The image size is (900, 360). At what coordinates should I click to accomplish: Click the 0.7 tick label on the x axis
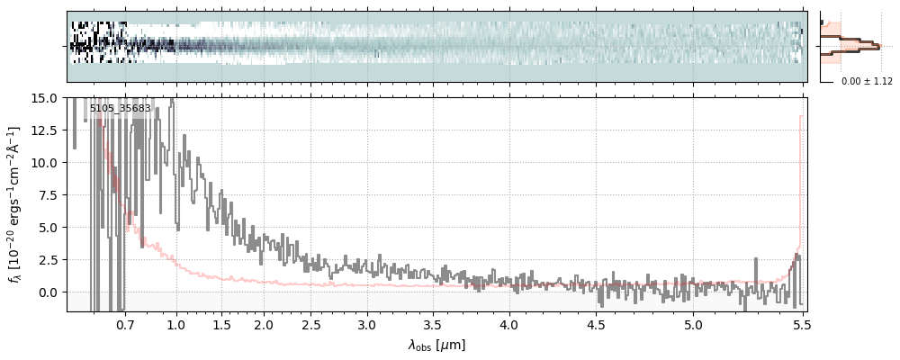coord(125,323)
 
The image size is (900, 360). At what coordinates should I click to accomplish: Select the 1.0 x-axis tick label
coord(176,323)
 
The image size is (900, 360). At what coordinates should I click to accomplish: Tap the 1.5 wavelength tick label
coord(221,323)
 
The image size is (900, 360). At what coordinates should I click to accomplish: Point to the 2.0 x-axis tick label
coord(263,323)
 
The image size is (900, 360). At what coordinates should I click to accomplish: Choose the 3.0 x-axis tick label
coord(366,323)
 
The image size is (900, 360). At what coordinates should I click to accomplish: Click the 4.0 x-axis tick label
coord(509,323)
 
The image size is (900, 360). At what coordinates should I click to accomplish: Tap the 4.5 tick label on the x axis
coord(596,323)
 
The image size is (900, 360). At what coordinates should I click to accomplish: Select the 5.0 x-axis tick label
coord(693,323)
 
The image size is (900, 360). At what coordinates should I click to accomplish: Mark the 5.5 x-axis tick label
coord(803,323)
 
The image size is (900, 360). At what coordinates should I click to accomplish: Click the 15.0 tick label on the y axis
coord(46,97)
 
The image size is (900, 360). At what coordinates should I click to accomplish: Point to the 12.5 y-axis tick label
coord(46,130)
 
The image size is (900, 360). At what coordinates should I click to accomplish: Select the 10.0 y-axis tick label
coord(46,163)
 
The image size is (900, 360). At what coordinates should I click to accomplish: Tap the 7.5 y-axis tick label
coord(49,195)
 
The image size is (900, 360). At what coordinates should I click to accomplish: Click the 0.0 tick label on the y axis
coord(49,292)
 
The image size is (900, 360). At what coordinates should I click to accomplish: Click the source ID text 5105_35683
coord(120,109)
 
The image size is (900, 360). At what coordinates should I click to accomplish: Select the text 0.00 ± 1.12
coord(867,82)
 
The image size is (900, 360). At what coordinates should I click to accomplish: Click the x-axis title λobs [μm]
coord(436,345)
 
